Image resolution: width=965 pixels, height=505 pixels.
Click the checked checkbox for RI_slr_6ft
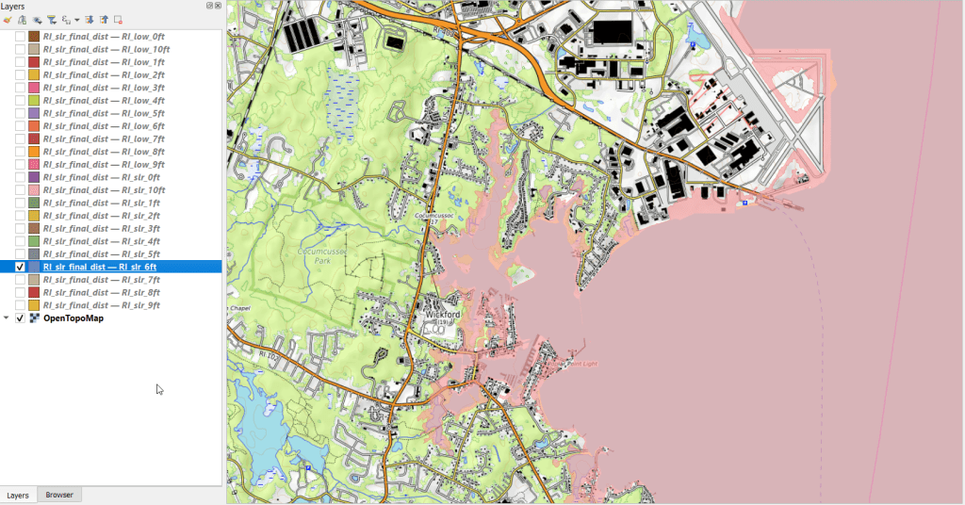[x=20, y=267]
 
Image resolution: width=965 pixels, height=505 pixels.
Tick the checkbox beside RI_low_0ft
[x=20, y=36]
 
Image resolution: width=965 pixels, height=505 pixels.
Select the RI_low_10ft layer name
[x=106, y=49]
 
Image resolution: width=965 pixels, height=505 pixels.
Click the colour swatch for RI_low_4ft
[x=34, y=100]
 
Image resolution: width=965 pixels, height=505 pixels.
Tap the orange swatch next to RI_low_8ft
[x=34, y=152]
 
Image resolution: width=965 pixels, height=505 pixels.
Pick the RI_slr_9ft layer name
[x=102, y=305]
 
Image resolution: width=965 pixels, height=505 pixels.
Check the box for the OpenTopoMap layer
[x=20, y=318]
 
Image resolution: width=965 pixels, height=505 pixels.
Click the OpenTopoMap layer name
[x=74, y=318]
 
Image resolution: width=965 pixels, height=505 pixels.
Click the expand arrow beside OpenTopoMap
[x=8, y=318]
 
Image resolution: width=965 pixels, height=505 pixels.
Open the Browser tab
[x=59, y=495]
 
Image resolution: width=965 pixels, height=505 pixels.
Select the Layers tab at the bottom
[x=18, y=495]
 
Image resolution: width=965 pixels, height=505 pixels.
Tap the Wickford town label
[x=442, y=315]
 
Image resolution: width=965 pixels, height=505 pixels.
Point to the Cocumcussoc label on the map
[x=434, y=216]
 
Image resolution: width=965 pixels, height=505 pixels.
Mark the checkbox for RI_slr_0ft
[x=20, y=177]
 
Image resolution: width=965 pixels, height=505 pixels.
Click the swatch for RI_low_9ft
[x=34, y=164]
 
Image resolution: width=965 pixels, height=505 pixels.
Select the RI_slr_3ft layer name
[x=102, y=228]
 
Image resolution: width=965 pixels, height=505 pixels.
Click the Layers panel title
[x=13, y=7]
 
